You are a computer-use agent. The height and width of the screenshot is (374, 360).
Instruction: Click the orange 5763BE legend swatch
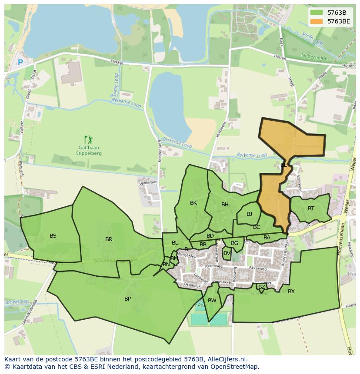[x=317, y=21]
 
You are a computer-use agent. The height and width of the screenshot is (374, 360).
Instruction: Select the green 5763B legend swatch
[x=317, y=13]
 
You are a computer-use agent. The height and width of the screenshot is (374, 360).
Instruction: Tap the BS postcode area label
[x=53, y=236]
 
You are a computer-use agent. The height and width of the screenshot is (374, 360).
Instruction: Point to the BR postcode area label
[x=109, y=239]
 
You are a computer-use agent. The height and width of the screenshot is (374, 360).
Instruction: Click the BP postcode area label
[x=127, y=299]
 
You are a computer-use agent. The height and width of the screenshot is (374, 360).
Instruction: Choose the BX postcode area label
[x=291, y=291]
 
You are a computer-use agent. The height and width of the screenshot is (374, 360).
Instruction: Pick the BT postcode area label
[x=311, y=209]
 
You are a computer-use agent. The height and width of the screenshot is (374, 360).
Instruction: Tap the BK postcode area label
[x=193, y=203]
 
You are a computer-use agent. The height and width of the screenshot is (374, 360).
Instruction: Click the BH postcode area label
[x=225, y=205]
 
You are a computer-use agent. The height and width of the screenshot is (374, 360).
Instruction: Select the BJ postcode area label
[x=249, y=214]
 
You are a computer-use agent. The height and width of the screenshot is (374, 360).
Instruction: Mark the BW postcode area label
[x=212, y=301]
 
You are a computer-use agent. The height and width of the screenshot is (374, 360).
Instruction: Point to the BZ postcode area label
[x=261, y=287]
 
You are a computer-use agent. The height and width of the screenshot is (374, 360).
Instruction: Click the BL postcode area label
[x=175, y=243]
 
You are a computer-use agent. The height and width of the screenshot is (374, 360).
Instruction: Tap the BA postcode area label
[x=267, y=238]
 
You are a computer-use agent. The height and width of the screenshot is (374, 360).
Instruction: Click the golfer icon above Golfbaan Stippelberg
[x=89, y=139]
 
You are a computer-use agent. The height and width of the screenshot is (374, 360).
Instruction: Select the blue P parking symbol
[x=20, y=63]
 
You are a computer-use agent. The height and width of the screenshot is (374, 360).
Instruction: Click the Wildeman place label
[x=148, y=183]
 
